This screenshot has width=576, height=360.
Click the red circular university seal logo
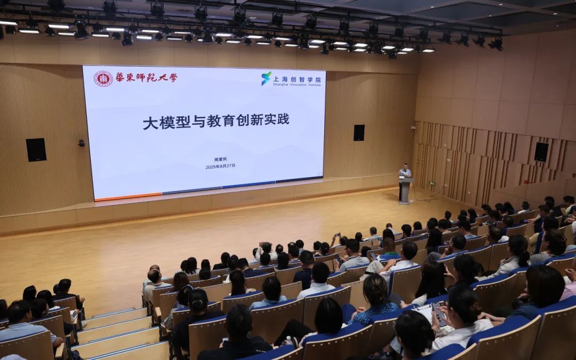pyautogui.click(x=103, y=78)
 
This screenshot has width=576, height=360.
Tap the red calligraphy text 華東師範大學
pyautogui.click(x=146, y=77)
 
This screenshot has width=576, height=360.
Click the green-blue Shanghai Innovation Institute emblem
pyautogui.click(x=266, y=78)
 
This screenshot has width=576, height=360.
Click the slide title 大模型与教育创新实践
pyautogui.click(x=216, y=122)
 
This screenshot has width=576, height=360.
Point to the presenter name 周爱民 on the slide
pyautogui.click(x=220, y=159)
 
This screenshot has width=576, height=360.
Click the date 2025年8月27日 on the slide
pyautogui.click(x=220, y=166)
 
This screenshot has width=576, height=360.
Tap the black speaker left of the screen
pyautogui.click(x=36, y=150)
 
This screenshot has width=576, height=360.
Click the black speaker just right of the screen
pyautogui.click(x=359, y=133)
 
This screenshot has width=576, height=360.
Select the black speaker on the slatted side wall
pyautogui.click(x=541, y=152)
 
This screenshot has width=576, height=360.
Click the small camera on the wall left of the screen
pyautogui.click(x=82, y=143)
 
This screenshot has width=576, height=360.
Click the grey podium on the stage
pyautogui.click(x=405, y=190)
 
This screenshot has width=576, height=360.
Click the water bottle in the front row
pyautogui.click(x=289, y=340)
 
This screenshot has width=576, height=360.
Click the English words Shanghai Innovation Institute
pyautogui.click(x=297, y=85)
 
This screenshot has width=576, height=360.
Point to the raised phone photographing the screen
pyautogui.click(x=338, y=235)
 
